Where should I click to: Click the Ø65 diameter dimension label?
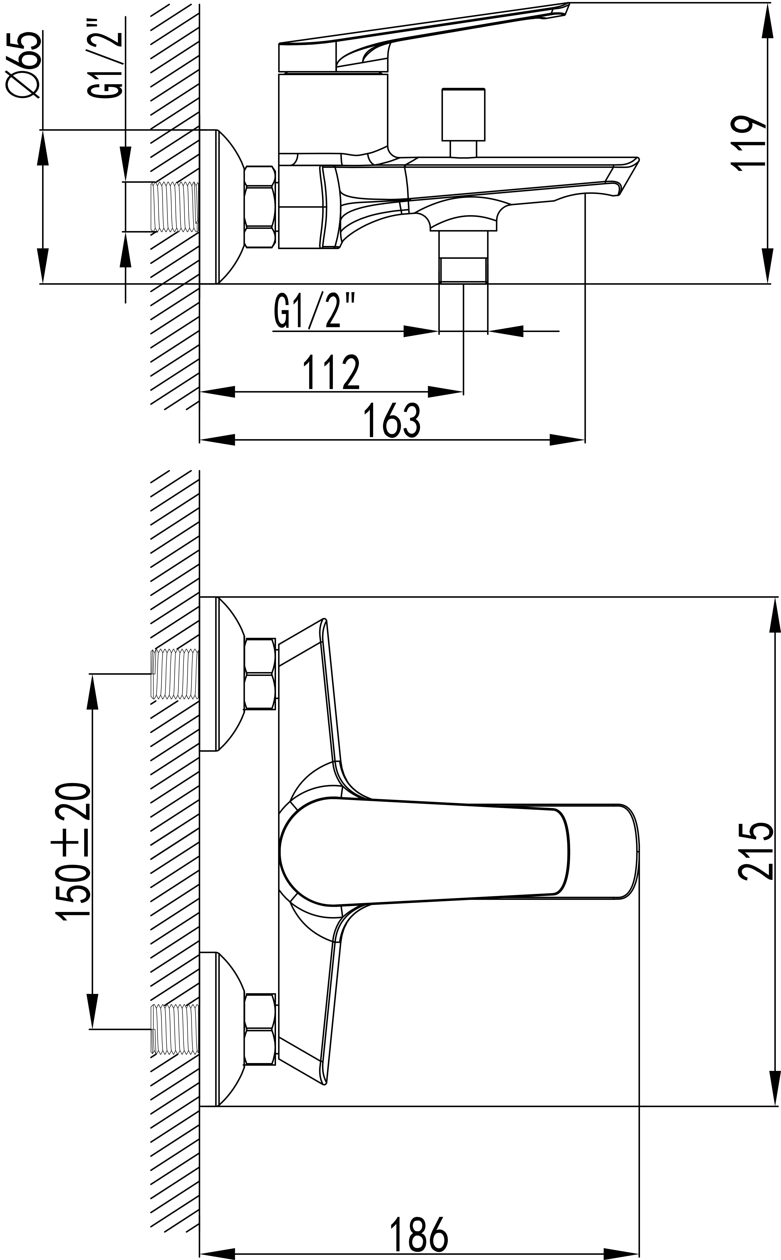24,64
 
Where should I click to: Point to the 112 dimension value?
331,372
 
